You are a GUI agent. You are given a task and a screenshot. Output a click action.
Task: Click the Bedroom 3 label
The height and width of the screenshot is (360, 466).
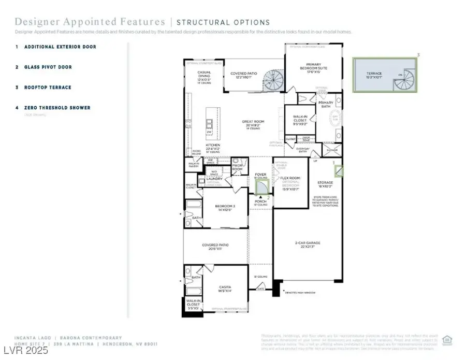225,208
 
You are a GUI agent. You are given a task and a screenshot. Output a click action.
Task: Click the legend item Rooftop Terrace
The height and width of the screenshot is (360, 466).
47,88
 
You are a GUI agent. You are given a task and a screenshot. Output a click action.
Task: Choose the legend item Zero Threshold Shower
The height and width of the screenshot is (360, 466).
56,108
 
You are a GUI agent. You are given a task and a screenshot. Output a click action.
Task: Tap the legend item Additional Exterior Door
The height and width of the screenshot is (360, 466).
59,47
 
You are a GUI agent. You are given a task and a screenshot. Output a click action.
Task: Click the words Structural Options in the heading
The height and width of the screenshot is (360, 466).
223,22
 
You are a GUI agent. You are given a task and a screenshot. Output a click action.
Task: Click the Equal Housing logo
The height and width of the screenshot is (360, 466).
447,340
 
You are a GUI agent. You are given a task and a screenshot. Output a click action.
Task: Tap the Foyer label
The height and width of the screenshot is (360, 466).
260,174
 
